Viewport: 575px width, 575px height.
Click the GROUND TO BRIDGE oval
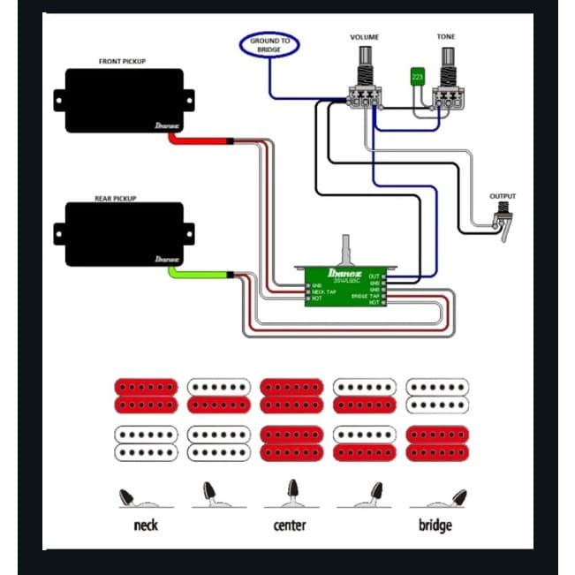coord(270,44)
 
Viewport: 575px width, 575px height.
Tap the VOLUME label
coord(364,38)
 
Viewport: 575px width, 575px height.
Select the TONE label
coord(447,38)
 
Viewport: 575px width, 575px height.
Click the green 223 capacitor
coord(417,78)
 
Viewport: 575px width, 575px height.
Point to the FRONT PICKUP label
coord(123,62)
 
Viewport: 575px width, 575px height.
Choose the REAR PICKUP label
coord(123,199)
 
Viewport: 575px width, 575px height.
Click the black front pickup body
coord(123,102)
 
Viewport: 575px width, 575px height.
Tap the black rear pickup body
coord(123,234)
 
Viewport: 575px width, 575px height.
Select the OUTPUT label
coord(503,196)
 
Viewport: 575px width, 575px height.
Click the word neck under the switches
coord(145,526)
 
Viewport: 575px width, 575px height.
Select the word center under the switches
coord(290,526)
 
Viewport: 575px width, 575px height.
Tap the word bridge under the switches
coord(435,526)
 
